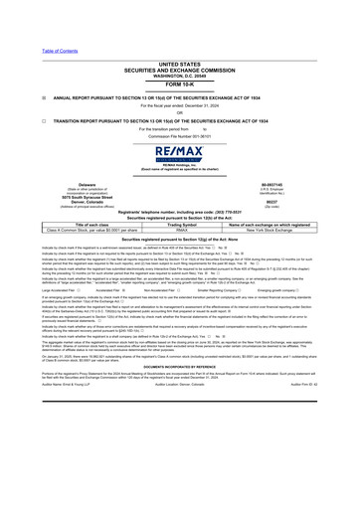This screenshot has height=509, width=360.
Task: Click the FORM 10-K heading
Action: click(179, 56)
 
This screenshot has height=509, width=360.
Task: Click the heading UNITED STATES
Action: click(179, 35)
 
